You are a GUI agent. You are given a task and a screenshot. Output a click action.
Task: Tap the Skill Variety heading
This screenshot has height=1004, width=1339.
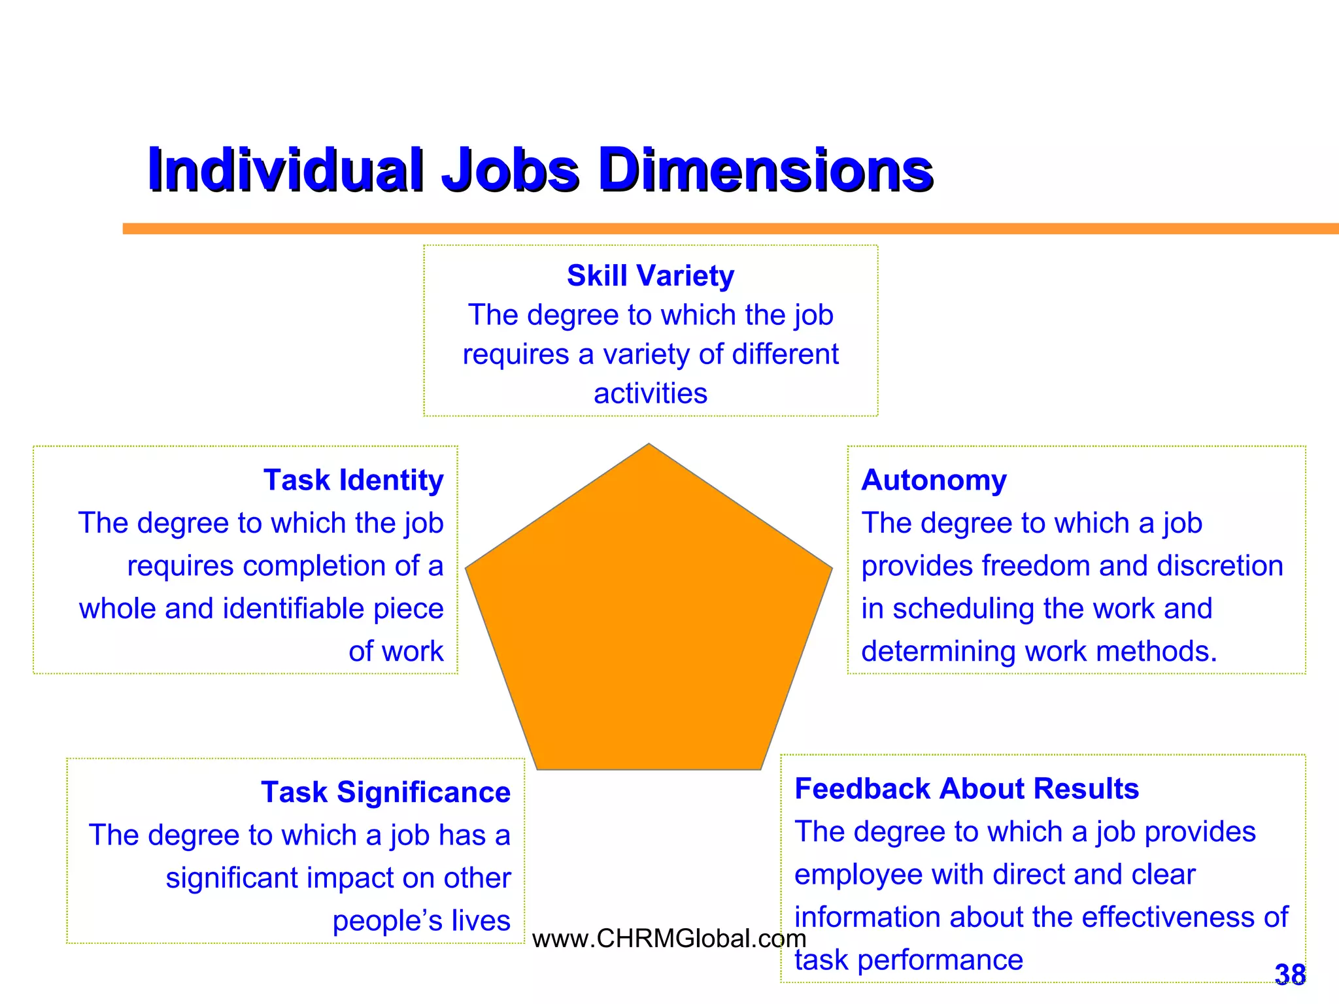tap(650, 276)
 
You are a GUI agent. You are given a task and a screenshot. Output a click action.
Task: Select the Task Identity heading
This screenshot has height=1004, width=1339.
tap(353, 480)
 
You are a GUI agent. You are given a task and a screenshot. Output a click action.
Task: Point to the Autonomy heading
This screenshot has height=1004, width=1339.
tap(934, 480)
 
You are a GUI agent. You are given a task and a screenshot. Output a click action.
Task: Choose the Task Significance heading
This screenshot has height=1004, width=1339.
tap(386, 792)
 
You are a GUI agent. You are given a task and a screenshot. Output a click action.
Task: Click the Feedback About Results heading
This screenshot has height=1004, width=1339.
tap(966, 789)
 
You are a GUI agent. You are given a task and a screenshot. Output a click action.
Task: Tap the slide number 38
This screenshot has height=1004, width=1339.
tap(1290, 975)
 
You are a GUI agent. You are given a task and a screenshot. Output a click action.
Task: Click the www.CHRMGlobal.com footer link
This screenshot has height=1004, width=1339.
tap(669, 939)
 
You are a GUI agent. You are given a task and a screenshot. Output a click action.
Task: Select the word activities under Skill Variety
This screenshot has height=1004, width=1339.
tap(650, 393)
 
